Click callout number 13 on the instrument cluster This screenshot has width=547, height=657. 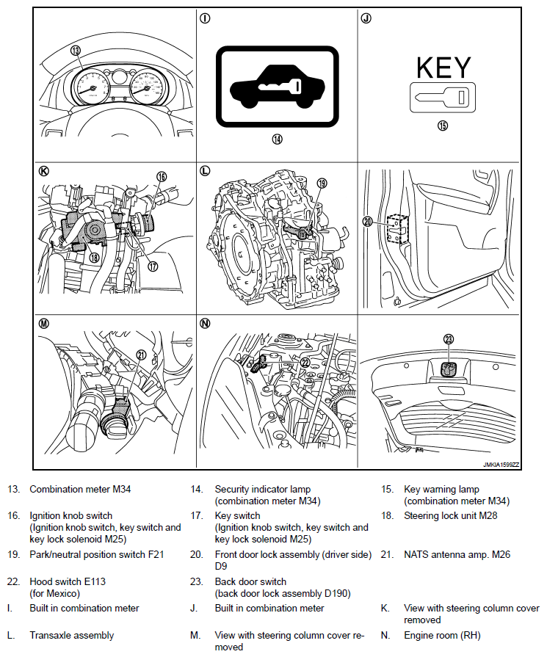[x=75, y=51]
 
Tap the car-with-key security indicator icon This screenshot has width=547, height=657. [x=277, y=87]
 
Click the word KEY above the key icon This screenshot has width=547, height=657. [x=443, y=68]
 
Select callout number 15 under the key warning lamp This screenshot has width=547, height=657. [x=442, y=125]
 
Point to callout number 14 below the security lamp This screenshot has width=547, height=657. [x=277, y=139]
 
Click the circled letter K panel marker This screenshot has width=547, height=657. [x=43, y=171]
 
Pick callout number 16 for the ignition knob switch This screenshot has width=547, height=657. [x=162, y=176]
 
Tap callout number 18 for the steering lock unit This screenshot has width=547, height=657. [x=93, y=257]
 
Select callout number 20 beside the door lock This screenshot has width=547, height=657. [x=368, y=221]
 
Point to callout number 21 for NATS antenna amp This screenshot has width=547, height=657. [x=142, y=355]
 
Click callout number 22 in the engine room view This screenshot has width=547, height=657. [x=304, y=362]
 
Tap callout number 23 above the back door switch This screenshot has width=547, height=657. [x=449, y=339]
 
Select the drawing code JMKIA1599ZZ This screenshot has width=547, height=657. [x=501, y=465]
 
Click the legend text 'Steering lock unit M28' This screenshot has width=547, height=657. [x=450, y=515]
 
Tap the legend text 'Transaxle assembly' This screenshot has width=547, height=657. [x=71, y=635]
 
